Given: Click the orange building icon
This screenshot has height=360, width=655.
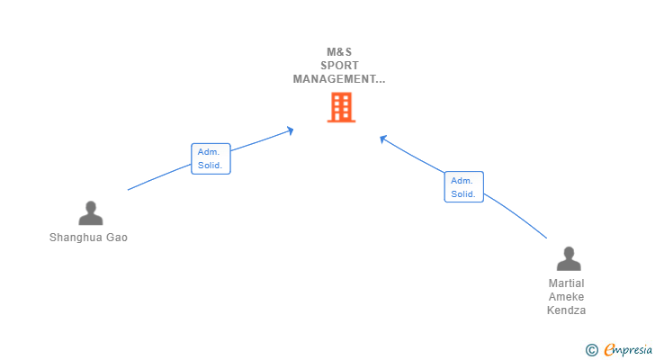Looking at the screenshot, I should pyautogui.click(x=341, y=108).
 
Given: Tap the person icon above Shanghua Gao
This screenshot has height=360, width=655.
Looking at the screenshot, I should pyautogui.click(x=90, y=213).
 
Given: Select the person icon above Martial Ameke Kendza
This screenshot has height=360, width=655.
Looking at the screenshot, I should pyautogui.click(x=568, y=259).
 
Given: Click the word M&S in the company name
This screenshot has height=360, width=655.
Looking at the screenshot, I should pyautogui.click(x=339, y=51).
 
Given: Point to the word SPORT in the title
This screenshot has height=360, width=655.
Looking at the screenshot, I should pyautogui.click(x=339, y=66).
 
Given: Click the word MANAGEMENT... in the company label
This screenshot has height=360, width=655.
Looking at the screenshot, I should pyautogui.click(x=339, y=79).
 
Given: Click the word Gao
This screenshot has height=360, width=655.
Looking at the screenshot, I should pyautogui.click(x=117, y=238).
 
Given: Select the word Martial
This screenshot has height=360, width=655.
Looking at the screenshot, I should pyautogui.click(x=566, y=283).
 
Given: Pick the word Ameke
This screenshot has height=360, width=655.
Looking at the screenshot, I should pyautogui.click(x=566, y=297).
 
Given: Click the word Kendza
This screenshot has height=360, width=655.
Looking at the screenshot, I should pyautogui.click(x=566, y=310).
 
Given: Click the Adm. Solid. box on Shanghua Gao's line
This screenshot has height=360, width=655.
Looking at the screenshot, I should pyautogui.click(x=211, y=158).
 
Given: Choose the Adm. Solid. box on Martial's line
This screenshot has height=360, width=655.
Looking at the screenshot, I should pyautogui.click(x=463, y=186).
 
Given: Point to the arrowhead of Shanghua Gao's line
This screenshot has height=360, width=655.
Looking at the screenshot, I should pyautogui.click(x=291, y=131).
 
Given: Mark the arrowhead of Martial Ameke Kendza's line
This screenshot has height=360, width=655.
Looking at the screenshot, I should pyautogui.click(x=382, y=139).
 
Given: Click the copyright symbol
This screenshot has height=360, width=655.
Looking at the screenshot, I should pyautogui.click(x=591, y=350).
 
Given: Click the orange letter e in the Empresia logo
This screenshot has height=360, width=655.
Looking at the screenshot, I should pyautogui.click(x=609, y=350).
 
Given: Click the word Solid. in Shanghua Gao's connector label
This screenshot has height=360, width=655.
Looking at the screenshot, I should pyautogui.click(x=211, y=166).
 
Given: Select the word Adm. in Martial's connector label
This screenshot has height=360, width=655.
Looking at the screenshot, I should pyautogui.click(x=462, y=180).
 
